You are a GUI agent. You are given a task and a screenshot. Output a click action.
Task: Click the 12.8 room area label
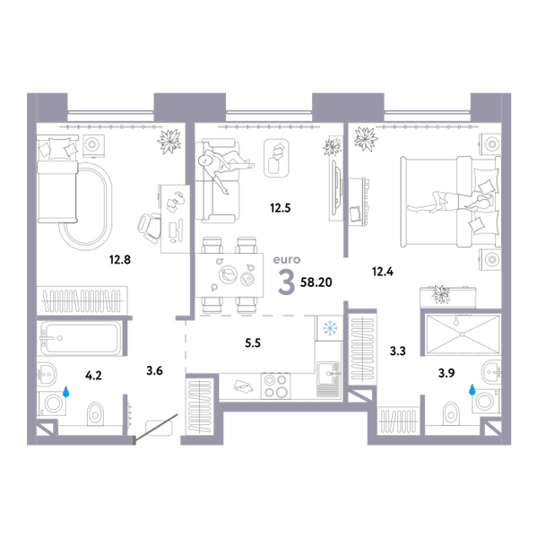120,260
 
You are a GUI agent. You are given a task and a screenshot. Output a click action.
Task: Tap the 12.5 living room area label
281,208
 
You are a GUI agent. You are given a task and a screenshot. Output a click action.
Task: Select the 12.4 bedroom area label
383,272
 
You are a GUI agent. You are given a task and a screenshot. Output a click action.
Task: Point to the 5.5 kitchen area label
253,343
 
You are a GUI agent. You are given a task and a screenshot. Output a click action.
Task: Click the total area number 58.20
316,282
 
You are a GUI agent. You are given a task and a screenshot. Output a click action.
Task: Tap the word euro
287,260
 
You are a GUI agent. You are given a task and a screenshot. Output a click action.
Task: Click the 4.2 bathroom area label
93,376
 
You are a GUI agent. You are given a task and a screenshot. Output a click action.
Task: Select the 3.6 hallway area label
154,370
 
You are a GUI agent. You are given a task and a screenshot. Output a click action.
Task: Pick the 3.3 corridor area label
397,351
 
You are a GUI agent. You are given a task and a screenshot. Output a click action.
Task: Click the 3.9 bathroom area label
447,373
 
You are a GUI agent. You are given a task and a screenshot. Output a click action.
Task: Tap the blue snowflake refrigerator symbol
330,328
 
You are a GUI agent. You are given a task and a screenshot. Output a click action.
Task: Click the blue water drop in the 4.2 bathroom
65,392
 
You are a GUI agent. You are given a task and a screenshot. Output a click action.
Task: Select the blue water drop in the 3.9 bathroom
473,389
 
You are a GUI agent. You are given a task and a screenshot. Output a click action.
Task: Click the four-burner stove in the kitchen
275,386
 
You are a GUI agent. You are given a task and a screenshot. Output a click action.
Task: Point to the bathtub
80,338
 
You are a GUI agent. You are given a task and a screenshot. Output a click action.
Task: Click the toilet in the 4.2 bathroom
95,413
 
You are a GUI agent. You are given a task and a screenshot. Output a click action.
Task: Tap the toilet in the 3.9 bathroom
451,413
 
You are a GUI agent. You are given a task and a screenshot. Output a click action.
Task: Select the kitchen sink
329,379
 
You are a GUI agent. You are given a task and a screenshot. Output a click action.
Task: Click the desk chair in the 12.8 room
150,227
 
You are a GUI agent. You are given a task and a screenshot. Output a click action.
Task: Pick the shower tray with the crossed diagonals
463,334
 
